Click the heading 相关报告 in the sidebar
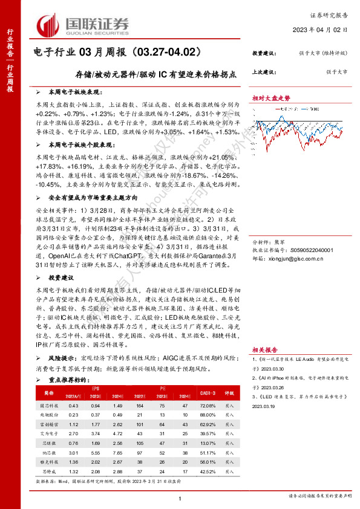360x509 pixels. (x=265, y=350)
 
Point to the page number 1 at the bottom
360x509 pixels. (x=180, y=498)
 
